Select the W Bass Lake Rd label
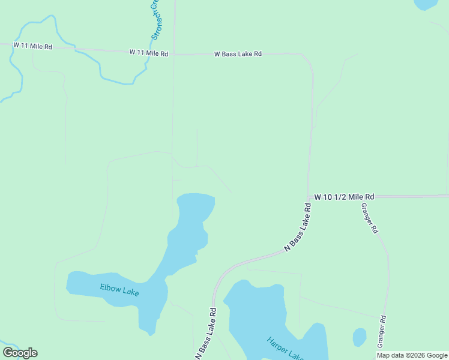[x=238, y=54]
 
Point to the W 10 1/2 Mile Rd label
[x=344, y=196]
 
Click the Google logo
[x=20, y=353]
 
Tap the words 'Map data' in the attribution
[x=391, y=355]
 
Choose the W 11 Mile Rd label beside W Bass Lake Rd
[x=148, y=53]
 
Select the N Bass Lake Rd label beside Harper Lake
[x=205, y=334]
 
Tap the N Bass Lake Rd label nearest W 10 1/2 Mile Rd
[x=298, y=227]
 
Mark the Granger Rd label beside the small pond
[x=381, y=332]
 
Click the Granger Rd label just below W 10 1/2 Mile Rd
[x=369, y=218]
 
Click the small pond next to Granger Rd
[x=360, y=337]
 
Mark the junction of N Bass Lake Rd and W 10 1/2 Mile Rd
[x=309, y=197]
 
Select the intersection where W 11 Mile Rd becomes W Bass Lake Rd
[x=174, y=54]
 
